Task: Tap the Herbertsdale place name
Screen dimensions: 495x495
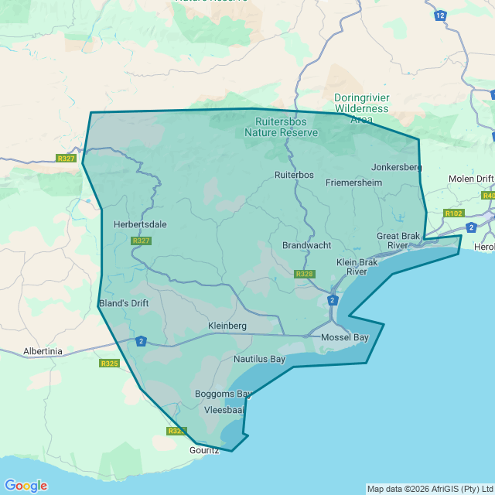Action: [140, 225]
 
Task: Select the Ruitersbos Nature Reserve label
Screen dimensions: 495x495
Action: [281, 127]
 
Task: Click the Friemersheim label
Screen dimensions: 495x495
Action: [353, 183]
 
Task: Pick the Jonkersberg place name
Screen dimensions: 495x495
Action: [396, 167]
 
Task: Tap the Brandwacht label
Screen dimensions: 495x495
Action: [306, 245]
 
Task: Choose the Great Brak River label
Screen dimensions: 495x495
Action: [398, 241]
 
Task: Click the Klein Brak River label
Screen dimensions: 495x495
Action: [357, 267]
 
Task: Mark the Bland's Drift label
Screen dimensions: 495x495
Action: [124, 303]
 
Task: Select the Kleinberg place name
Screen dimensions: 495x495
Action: [227, 326]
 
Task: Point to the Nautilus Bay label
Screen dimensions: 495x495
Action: [260, 360]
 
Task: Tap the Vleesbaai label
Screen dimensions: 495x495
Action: [224, 410]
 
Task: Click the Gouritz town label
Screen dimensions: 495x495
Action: [205, 449]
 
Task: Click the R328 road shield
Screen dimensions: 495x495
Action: [305, 275]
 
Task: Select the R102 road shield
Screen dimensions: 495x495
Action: [453, 213]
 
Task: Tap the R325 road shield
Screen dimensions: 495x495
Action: [109, 363]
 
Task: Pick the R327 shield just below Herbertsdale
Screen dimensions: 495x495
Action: [141, 241]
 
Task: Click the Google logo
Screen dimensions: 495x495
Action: [26, 486]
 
